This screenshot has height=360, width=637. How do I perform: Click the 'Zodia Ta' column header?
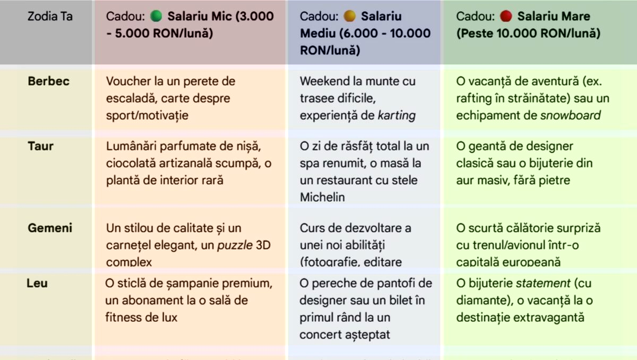pos(50,16)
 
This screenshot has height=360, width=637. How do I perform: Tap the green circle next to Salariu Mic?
pos(156,16)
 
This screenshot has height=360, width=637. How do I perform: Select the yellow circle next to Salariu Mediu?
pos(349,16)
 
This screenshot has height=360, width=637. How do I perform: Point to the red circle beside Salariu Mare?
pos(506,16)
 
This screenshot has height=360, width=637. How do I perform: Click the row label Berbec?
pos(49,81)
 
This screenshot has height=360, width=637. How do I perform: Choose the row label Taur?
pos(40,146)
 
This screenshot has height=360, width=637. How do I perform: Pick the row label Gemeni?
pos(50,228)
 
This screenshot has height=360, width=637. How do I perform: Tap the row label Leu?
pos(37,283)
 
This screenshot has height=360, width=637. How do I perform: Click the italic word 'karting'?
pos(396,115)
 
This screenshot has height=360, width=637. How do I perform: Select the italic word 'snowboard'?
pos(570,115)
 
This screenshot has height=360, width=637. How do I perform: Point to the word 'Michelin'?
pos(322,197)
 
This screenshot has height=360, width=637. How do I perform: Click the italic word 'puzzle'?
pos(235,245)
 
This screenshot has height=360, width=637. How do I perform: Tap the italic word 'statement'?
pos(543,283)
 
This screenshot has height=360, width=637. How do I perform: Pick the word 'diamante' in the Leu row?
pos(480,300)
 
